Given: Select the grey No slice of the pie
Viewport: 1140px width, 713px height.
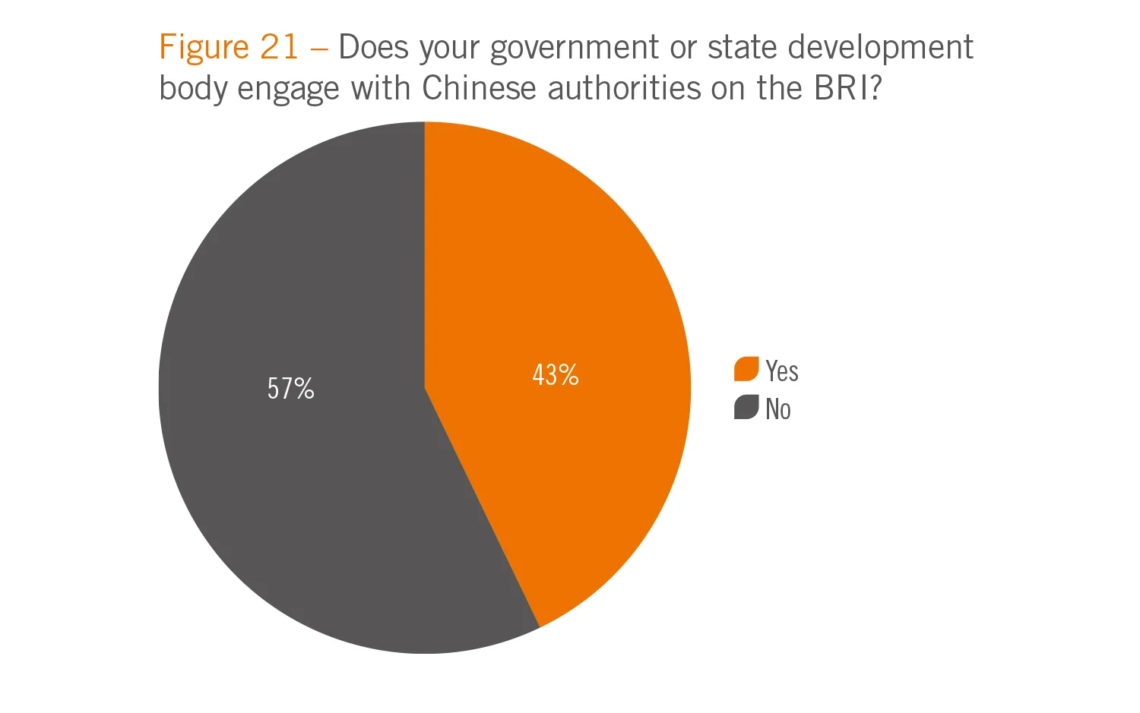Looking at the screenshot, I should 289,471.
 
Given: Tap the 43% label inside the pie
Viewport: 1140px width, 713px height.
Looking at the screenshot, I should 556,375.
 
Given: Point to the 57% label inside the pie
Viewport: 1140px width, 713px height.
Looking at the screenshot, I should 290,389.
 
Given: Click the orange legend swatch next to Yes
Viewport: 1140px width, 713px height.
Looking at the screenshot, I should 746,369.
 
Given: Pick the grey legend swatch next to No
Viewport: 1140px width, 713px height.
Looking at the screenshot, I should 746,408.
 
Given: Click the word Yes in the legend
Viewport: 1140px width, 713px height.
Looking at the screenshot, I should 782,371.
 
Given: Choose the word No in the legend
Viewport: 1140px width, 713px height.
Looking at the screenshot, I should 778,409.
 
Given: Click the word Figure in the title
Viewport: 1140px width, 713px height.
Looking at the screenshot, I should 204,47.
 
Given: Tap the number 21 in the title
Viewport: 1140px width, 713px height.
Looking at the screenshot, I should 279,47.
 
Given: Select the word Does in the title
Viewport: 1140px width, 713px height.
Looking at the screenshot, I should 373,47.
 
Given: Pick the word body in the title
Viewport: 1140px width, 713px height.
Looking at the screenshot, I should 194,90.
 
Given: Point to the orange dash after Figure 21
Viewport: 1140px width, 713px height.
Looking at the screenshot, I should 319,49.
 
